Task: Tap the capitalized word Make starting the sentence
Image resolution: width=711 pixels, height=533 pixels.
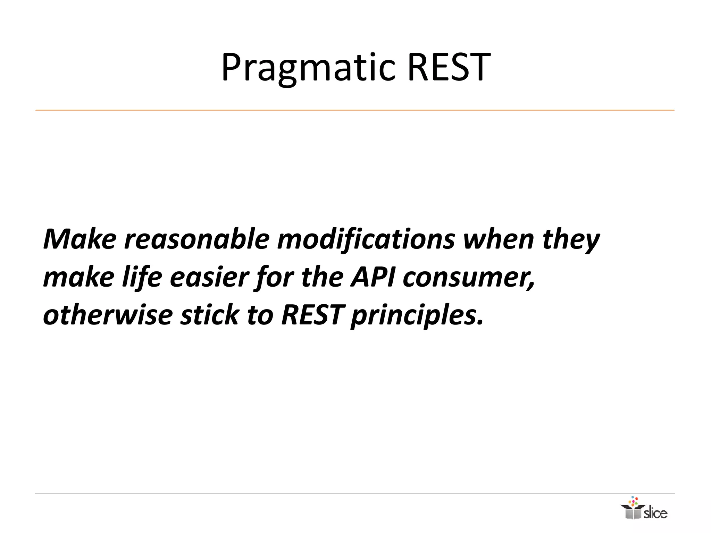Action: [x=80, y=239]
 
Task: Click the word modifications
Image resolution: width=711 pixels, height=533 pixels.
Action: [x=366, y=239]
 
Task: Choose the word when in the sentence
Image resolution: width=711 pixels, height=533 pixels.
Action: [x=499, y=239]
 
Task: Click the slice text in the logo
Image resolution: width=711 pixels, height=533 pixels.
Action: [x=655, y=513]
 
